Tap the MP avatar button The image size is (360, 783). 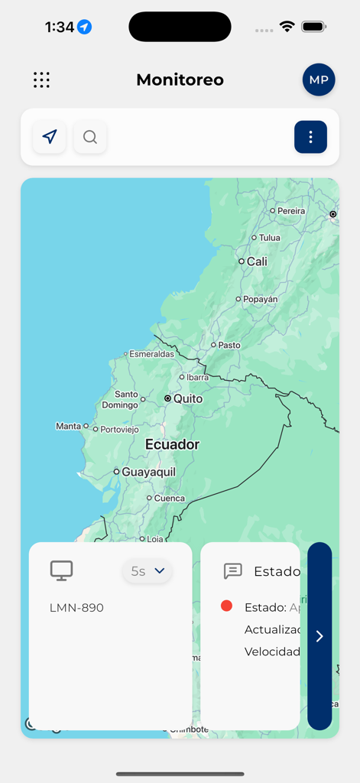pos(319,80)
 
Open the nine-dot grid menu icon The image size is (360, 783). pos(41,80)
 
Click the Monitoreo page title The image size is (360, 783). pos(180,80)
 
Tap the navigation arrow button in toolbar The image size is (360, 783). pos(50,137)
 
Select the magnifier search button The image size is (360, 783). pos(90,137)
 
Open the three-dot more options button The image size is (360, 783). pos(310,137)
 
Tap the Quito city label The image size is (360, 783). pos(188,398)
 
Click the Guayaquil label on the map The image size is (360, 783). pos(148,472)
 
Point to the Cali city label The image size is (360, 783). pos(257,262)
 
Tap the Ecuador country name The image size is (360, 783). pos(172,444)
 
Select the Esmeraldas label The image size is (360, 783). pos(151,354)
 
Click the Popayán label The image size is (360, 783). pos(260,300)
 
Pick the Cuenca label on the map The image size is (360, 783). pos(169,498)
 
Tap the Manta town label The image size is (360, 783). pos(68,426)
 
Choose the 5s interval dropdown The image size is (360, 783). pos(148,570)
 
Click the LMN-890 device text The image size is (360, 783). pos(76,608)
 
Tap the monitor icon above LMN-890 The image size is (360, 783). pos(61,570)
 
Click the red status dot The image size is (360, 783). pos(226,606)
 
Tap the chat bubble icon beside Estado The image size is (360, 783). pos(233,571)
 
